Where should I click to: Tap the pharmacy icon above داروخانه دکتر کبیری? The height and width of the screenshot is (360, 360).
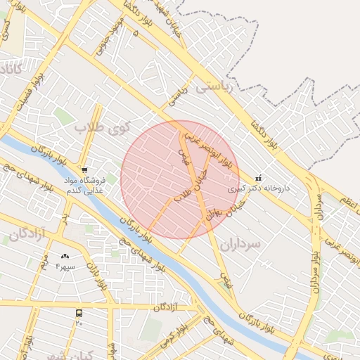pyautogui.click(x=259, y=177)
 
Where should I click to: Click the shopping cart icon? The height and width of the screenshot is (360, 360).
pyautogui.click(x=84, y=170)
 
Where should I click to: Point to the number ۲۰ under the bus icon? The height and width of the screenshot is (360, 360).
pyautogui.click(x=79, y=323)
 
